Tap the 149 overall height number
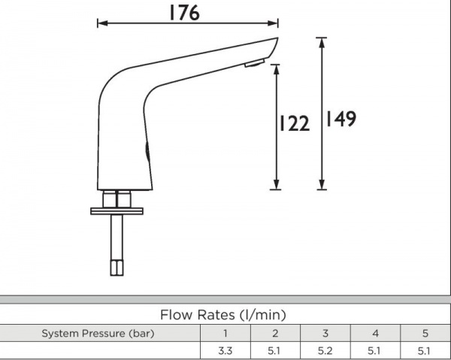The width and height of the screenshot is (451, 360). tap(341, 119)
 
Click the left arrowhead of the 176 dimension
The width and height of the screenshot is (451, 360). tap(101, 23)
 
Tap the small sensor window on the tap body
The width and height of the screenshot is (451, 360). tap(147, 151)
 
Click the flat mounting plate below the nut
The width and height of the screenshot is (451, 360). tap(117, 211)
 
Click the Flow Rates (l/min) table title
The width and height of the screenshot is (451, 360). tap(223, 315)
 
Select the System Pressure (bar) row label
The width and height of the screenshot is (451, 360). tap(98, 333)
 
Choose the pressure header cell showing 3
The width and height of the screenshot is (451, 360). tap(325, 333)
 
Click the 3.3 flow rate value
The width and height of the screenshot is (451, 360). tap(224, 350)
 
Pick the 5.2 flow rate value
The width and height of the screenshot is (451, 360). tap(325, 350)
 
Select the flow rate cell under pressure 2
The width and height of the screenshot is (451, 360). tap(274, 350)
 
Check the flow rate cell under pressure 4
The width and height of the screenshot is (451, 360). tap(374, 350)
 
